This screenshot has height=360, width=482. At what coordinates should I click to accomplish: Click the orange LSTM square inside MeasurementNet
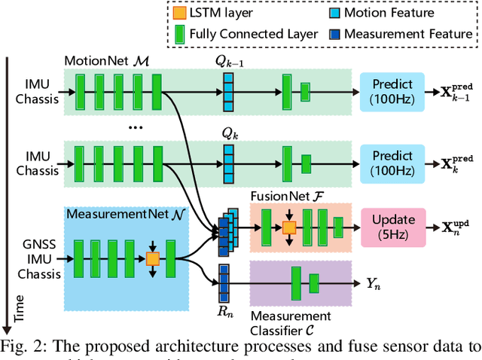click(152, 258)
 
